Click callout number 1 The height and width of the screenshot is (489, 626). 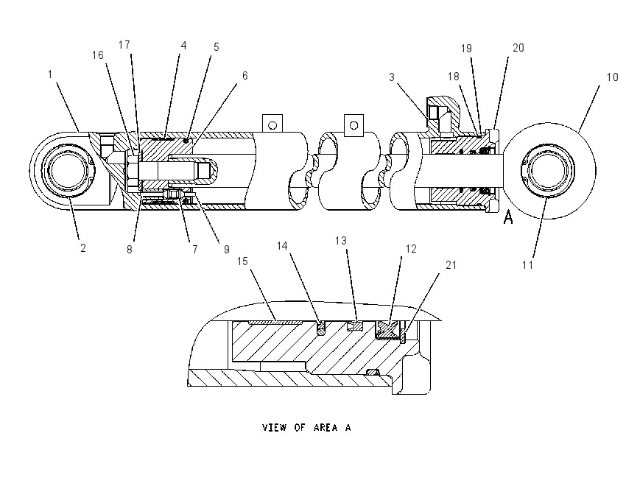50,74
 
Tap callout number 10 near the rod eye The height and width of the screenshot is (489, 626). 612,77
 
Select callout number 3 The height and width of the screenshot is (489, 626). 392,77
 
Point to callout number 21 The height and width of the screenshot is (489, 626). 451,265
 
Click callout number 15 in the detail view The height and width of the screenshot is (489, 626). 242,261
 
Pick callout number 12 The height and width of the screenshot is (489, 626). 411,249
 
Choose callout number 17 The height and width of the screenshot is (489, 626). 124,45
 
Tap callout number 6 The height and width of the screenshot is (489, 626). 245,75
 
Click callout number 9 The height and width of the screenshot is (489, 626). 226,250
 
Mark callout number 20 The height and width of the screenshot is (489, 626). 518,48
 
